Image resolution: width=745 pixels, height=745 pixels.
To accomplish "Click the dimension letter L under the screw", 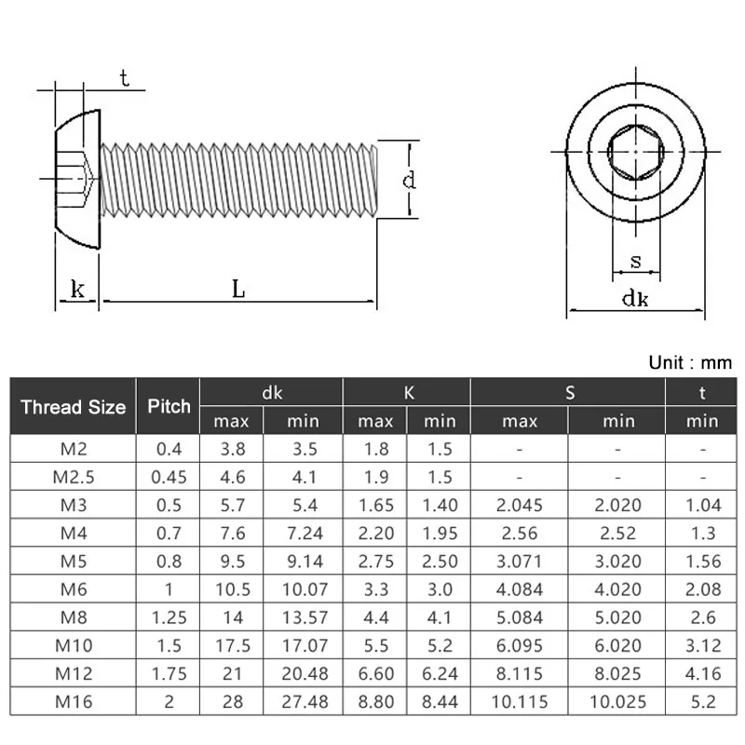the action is click(x=238, y=289).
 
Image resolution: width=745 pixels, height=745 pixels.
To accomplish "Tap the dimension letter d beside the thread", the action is click(x=409, y=180).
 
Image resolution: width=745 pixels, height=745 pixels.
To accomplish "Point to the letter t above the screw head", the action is click(x=124, y=78).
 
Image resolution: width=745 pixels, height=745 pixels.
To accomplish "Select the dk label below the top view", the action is click(x=635, y=298).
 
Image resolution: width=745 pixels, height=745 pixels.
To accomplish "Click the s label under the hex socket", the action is click(x=636, y=262).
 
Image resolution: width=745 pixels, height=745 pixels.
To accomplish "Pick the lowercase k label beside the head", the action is click(x=77, y=289).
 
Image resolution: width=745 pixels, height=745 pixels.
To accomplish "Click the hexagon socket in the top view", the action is click(x=636, y=152).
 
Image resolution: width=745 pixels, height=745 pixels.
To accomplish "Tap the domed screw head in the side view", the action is click(x=77, y=179).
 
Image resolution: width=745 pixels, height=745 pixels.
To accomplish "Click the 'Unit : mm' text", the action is click(x=690, y=362).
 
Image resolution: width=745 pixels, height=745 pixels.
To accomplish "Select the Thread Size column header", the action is click(x=74, y=407).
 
